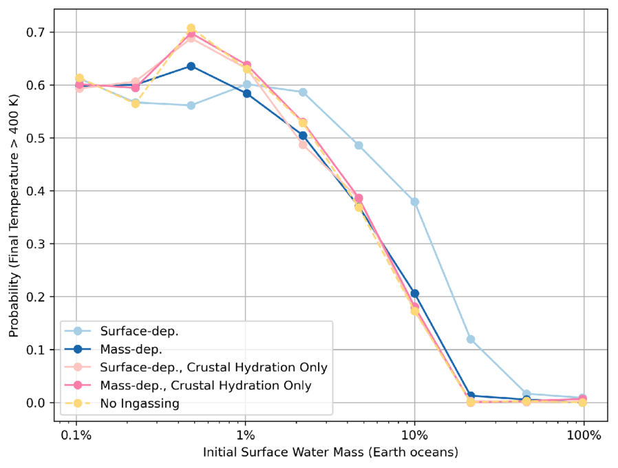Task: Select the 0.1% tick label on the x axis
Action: pos(76,436)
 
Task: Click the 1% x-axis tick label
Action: pos(246,436)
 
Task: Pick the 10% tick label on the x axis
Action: pos(414,436)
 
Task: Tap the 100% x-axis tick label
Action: pos(584,436)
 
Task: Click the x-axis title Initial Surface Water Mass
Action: pos(330,453)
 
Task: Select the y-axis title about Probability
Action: pos(14,217)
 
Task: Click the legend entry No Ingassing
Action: pos(140,404)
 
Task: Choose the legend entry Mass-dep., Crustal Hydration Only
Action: pos(206,386)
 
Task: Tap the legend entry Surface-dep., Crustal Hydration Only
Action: pos(213,368)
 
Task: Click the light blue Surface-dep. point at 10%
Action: pos(414,202)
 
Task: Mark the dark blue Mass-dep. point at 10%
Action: pos(414,294)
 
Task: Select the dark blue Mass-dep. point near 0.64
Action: pos(191,66)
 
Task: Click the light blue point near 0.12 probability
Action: pos(471,339)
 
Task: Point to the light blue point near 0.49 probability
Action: pos(359,146)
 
